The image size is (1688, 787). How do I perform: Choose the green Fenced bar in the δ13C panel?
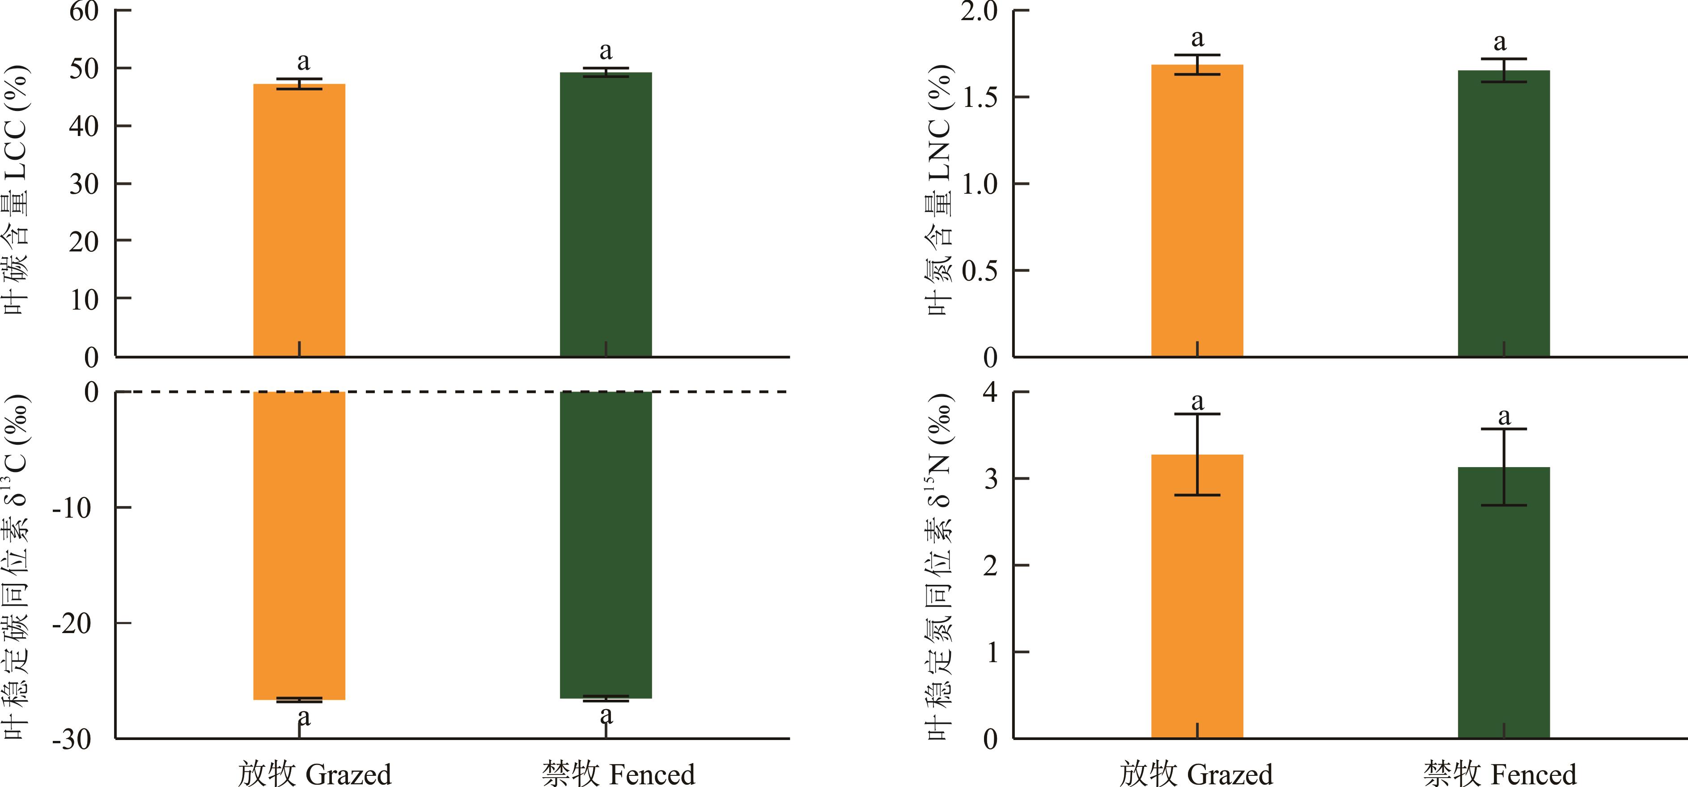coord(606,545)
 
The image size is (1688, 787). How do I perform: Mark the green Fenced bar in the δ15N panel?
coord(1503,602)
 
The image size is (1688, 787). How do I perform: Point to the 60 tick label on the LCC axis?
coord(84,11)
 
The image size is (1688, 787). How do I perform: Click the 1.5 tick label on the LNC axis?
coord(979,98)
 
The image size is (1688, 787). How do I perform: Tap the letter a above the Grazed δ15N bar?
coord(1197,401)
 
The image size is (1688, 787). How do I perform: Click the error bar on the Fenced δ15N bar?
coord(1503,467)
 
